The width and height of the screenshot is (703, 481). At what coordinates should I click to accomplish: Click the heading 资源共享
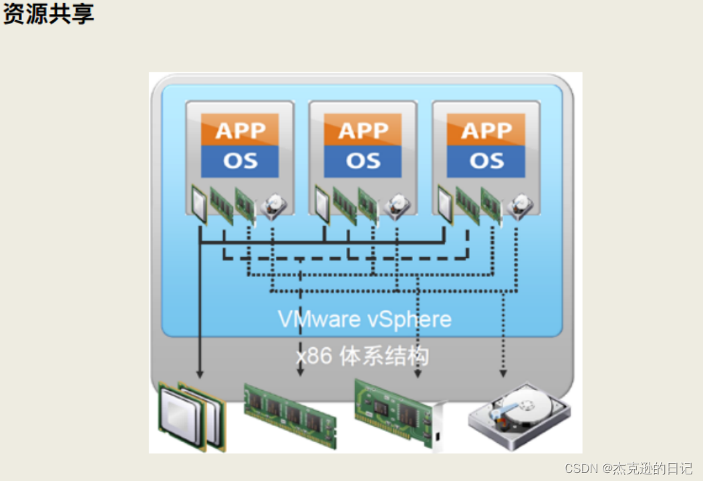pyautogui.click(x=48, y=13)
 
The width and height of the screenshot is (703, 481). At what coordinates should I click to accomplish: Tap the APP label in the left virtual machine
pyautogui.click(x=240, y=130)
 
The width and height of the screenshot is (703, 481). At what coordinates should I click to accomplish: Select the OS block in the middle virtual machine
pyautogui.click(x=363, y=161)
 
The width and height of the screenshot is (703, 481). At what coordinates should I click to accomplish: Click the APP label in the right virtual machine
pyautogui.click(x=486, y=130)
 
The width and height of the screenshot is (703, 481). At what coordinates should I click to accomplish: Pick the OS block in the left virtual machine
pyautogui.click(x=240, y=161)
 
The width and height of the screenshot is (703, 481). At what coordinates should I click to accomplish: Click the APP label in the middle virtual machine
pyautogui.click(x=363, y=130)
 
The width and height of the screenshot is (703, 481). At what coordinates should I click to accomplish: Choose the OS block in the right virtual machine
pyautogui.click(x=486, y=161)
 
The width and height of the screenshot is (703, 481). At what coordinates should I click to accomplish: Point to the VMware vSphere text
pyautogui.click(x=365, y=319)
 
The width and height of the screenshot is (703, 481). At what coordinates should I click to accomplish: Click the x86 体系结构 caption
pyautogui.click(x=362, y=355)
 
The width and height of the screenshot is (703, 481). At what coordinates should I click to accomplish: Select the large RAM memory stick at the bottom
pyautogui.click(x=289, y=414)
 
